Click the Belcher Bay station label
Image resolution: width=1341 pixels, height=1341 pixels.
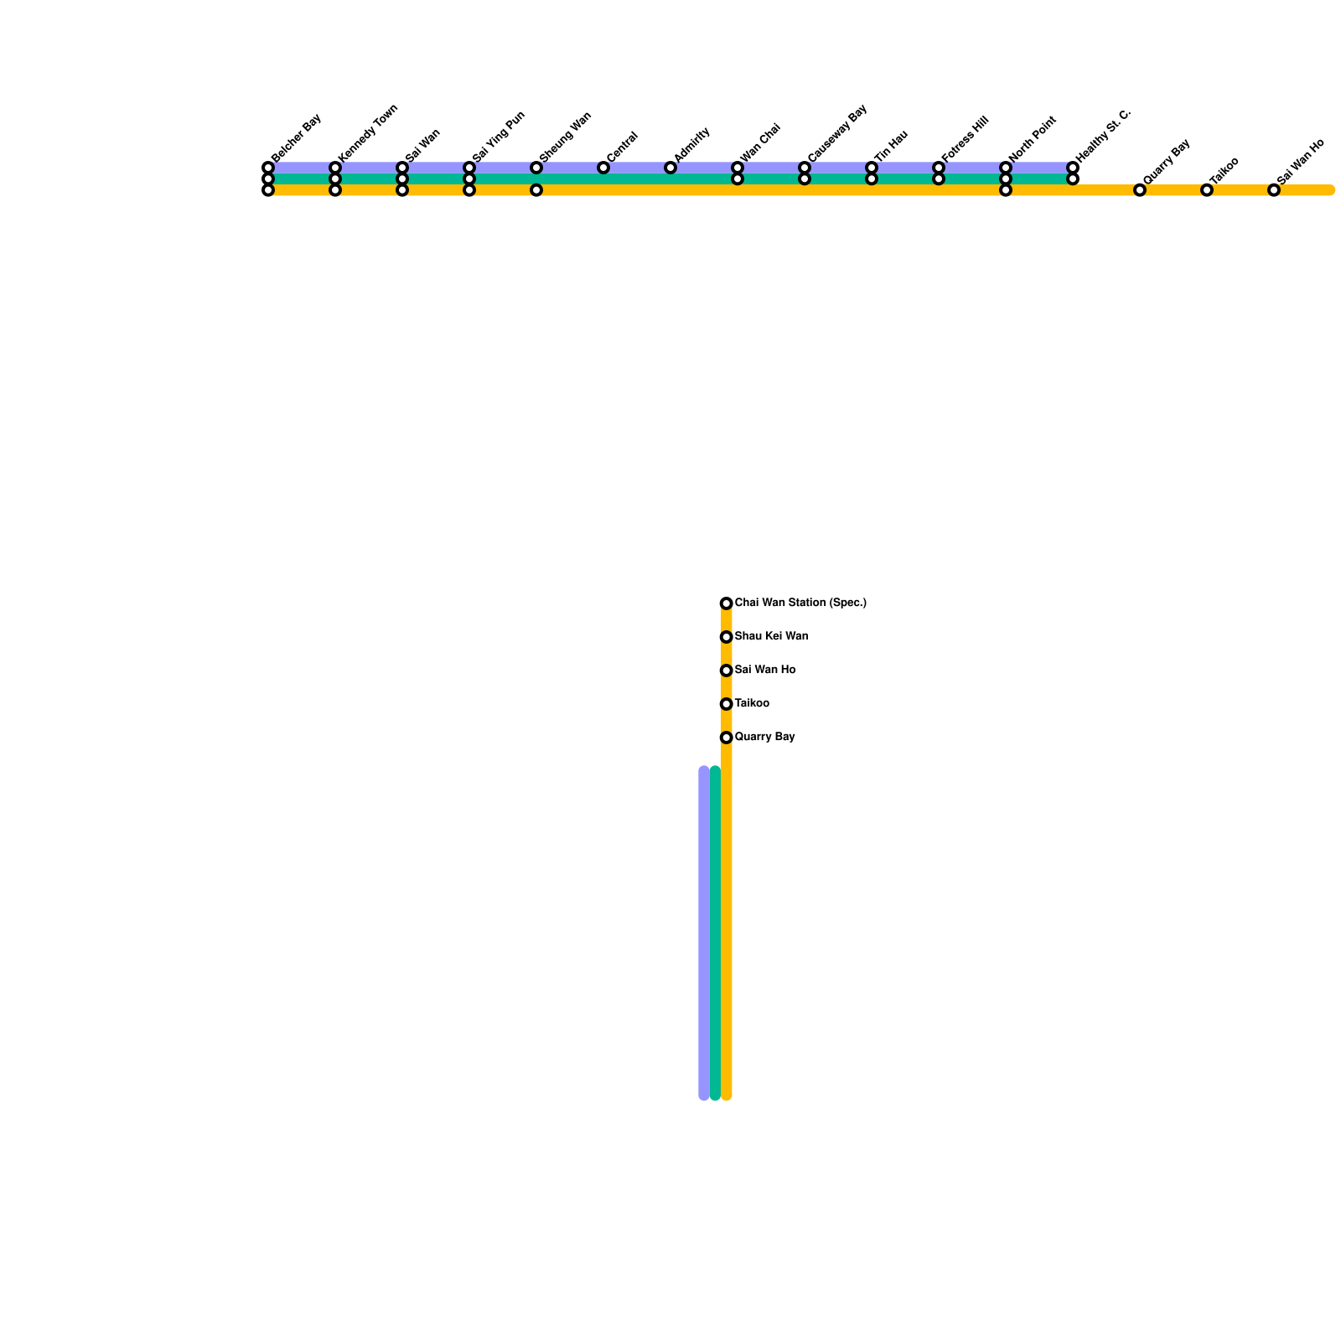297,137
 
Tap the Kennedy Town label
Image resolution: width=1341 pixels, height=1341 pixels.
368,133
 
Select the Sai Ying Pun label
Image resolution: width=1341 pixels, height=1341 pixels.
498,137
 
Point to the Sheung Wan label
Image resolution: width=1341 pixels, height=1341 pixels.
565,137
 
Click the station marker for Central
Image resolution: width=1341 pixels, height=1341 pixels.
603,168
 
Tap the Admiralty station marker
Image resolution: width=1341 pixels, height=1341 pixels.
670,168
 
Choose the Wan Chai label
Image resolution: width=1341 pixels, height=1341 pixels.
761,142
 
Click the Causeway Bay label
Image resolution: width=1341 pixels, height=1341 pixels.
836,133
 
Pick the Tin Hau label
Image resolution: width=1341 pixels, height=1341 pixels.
891,146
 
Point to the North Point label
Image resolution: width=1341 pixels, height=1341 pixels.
1033,139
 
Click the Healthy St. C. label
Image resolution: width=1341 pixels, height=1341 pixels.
1103,136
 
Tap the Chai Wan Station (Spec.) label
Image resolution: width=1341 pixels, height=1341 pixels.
800,603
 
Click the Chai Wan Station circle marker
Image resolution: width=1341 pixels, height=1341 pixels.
726,603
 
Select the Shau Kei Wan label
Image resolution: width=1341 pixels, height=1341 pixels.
771,636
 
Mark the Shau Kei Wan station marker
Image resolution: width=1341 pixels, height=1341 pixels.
726,637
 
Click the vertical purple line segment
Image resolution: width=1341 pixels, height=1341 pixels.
704,930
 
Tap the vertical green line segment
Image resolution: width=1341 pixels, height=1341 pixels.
715,930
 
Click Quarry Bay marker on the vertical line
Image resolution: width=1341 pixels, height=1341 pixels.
726,738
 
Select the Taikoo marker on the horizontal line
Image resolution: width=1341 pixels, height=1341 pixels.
1207,190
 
